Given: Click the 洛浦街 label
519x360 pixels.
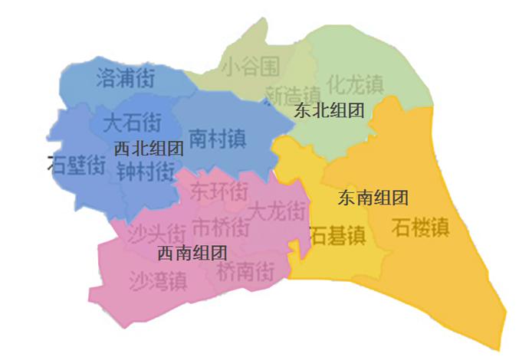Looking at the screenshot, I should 126,77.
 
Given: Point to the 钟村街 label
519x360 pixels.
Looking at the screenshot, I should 146,172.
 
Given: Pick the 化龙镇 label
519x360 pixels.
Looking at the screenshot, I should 356,82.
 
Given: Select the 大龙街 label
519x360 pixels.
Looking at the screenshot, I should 278,208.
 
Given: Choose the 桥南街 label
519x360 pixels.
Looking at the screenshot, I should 245,270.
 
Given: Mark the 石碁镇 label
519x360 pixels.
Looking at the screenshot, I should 338,234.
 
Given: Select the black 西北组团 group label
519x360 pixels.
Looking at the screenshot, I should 149,149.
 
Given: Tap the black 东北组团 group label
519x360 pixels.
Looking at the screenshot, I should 328,111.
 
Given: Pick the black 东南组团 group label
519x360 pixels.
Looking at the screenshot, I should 373,198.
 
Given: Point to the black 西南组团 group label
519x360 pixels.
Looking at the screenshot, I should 192,252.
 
